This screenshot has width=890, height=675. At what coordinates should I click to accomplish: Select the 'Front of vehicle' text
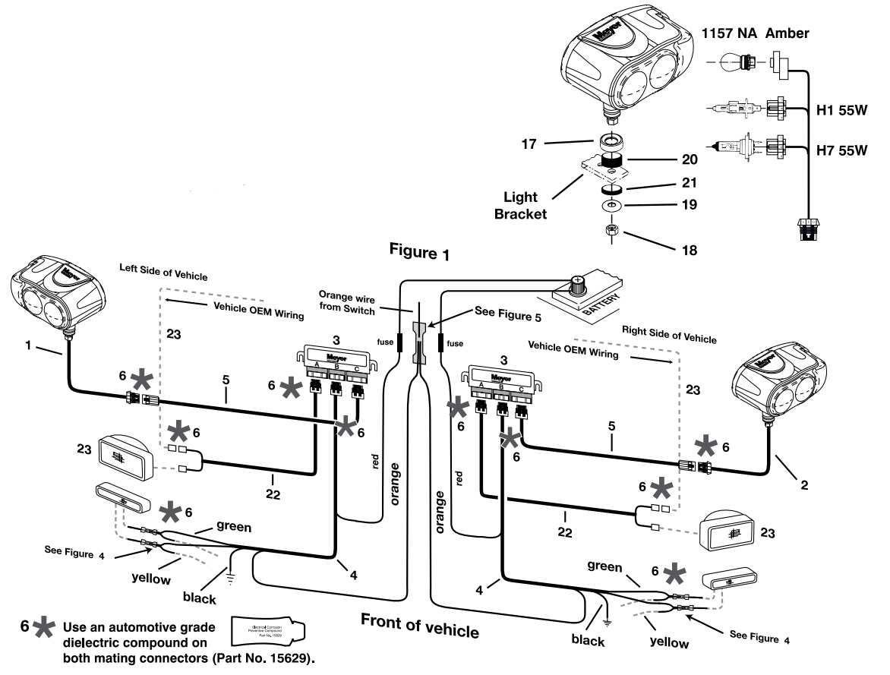pos(420,629)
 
